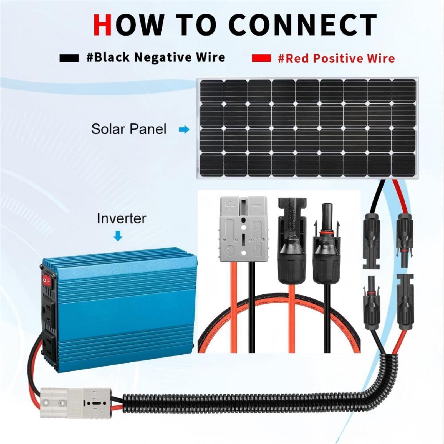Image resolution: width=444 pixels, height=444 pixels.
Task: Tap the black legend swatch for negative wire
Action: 69,58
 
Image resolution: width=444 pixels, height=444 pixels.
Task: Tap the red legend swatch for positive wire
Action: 261,58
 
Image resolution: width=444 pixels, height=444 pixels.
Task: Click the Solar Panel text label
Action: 129,129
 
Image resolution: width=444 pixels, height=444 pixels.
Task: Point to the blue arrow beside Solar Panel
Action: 184,129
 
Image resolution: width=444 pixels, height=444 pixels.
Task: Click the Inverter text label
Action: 121,218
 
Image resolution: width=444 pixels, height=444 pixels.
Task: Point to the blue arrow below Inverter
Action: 118,236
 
